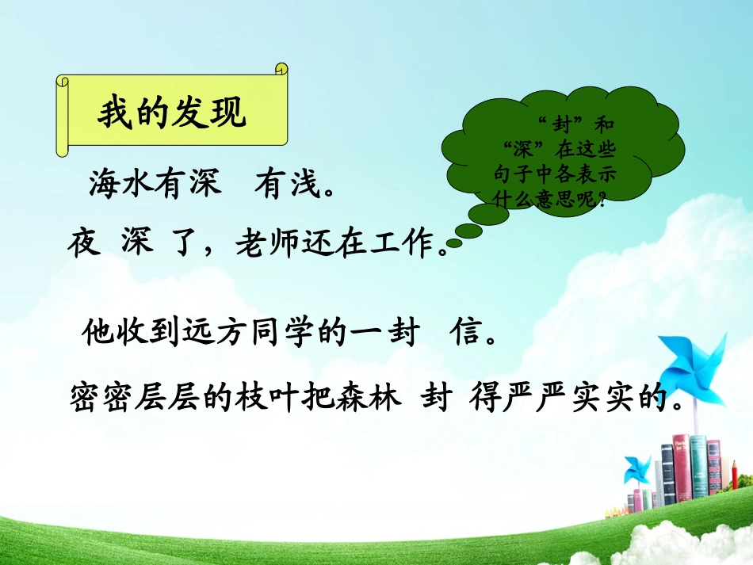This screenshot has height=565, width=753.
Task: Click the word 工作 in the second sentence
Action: point(403,246)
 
